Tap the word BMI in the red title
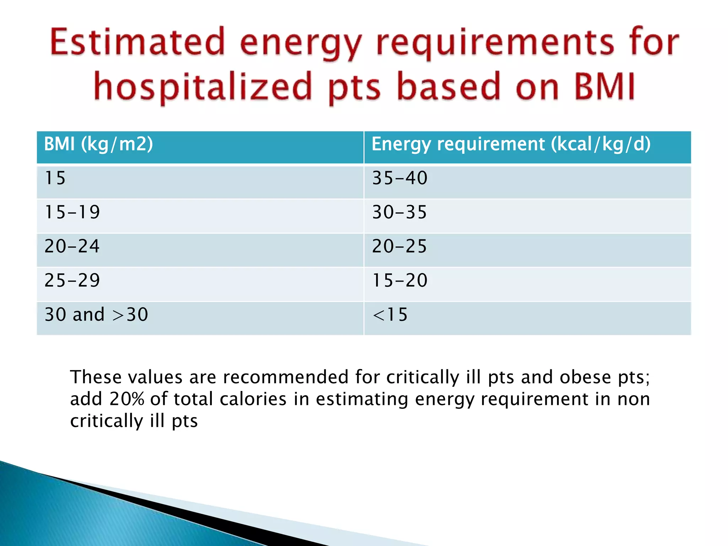coord(604,86)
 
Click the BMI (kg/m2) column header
coord(98,144)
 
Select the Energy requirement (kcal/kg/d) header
coord(511,144)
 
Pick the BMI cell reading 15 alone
coord(55,178)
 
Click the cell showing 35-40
coord(400,178)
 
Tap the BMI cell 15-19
coord(72,212)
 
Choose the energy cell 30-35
coord(399,212)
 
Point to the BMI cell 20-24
coord(72,246)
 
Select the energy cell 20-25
coord(399,246)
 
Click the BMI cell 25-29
coord(72,280)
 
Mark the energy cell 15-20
coord(400,280)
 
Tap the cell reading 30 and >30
coord(96,315)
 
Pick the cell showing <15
coord(390,315)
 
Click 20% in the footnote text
coord(127,399)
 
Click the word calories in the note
coord(253,399)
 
